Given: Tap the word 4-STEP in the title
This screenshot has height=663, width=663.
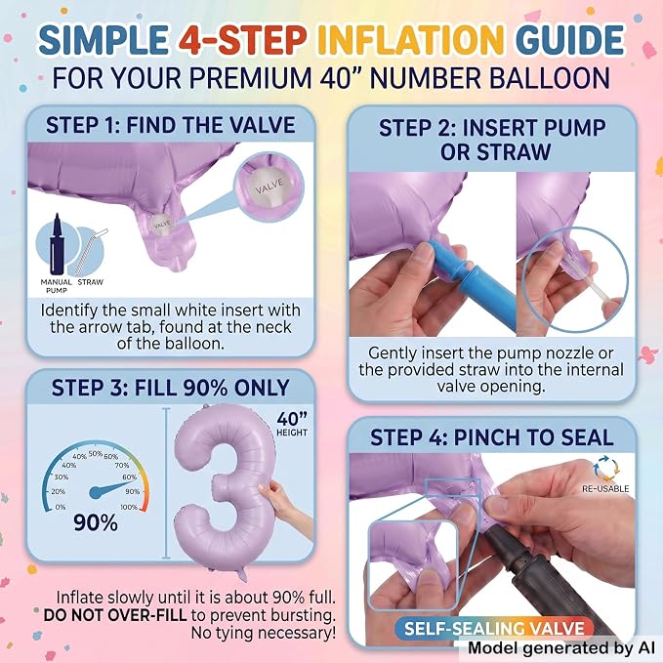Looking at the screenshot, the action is coord(242,40).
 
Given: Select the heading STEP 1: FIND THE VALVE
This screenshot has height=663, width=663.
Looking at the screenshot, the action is coord(171,125).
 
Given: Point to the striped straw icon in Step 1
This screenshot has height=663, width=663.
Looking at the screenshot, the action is coord(91,252).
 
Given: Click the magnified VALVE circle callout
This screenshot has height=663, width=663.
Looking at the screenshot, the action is coord(269,186).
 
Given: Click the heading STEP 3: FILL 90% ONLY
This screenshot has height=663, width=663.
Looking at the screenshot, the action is coord(171,388).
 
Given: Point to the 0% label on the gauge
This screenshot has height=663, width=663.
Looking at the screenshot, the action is coord(61,507).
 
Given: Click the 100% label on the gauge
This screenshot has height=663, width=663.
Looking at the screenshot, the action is coord(129,507).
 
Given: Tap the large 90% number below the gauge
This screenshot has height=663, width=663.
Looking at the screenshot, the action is coord(96,523).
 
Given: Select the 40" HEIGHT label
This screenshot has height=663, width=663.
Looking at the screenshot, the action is coord(292,424).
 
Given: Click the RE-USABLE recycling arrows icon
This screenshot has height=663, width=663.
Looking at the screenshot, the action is coord(606,469).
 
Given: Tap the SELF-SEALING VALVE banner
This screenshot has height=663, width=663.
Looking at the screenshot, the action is coord(494,628).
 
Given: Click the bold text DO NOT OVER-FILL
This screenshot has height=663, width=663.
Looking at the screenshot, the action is coord(115,615).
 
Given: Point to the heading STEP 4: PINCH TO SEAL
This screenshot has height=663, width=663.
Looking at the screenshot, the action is coord(492,437).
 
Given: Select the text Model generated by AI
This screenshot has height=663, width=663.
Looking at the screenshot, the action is coord(562,647).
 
